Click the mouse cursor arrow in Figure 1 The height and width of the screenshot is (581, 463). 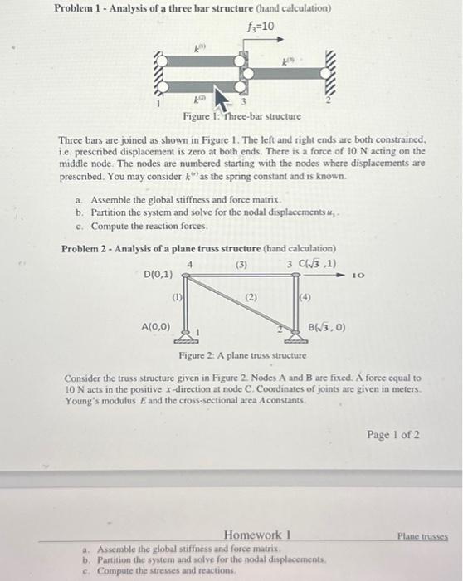(222, 96)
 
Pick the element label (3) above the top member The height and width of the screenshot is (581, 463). (241, 266)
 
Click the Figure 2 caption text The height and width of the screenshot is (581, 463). (243, 355)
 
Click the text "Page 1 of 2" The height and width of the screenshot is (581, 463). (392, 434)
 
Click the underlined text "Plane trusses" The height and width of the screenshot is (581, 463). (423, 537)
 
